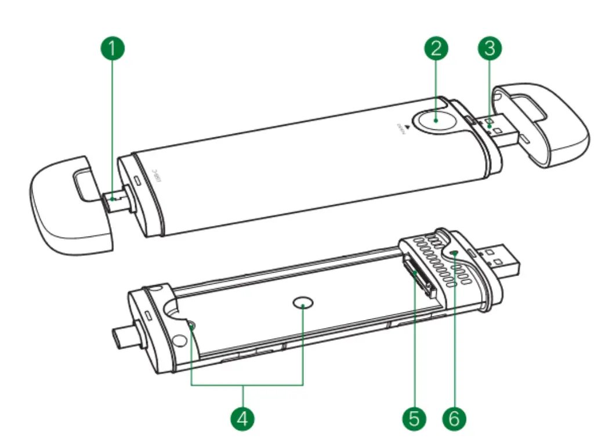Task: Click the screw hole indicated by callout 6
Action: [454, 253]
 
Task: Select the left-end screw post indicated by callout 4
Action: [191, 328]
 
